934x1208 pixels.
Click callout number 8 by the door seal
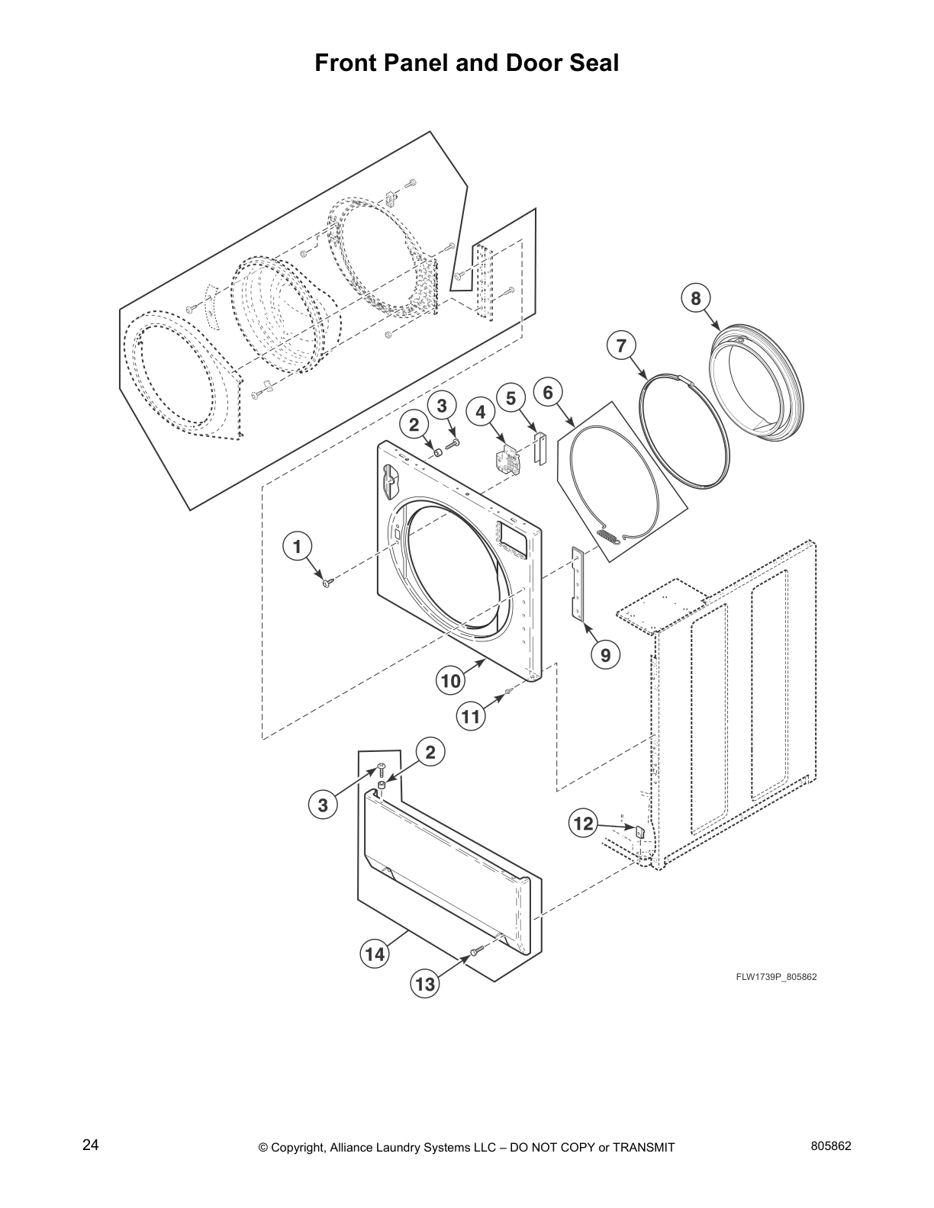point(695,298)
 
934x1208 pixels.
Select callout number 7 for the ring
point(621,345)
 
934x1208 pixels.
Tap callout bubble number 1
point(298,546)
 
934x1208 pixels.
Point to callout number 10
point(451,679)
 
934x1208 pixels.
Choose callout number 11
point(471,716)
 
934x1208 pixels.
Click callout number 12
point(582,824)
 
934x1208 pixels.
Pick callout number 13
point(424,984)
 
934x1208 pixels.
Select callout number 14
point(375,954)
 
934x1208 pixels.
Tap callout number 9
point(605,654)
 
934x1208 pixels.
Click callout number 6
point(548,392)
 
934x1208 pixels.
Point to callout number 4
point(480,413)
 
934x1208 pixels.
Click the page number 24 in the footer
point(90,1145)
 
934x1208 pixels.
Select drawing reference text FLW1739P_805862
point(776,977)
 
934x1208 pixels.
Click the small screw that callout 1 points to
point(327,583)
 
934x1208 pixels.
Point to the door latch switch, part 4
point(503,460)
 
